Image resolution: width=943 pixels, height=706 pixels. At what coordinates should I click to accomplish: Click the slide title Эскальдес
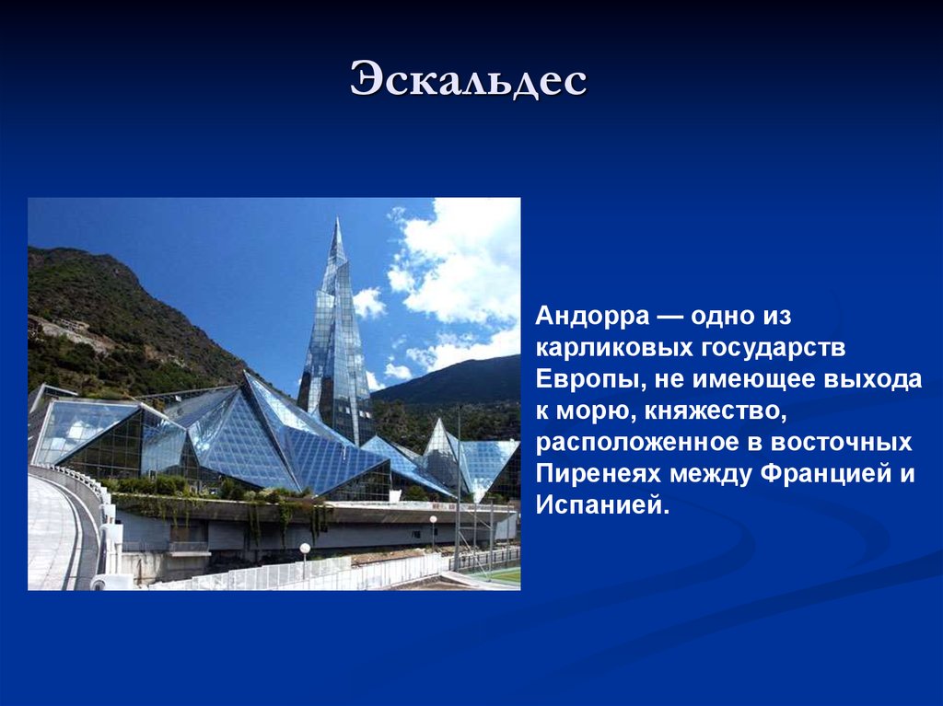click(x=469, y=79)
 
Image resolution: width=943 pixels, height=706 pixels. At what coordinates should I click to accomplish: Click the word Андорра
click(x=593, y=316)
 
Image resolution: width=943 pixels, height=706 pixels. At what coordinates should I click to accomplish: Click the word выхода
click(x=873, y=379)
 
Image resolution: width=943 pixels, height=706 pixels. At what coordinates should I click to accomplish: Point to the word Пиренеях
click(x=599, y=474)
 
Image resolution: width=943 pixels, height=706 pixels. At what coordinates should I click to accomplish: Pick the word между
click(x=712, y=474)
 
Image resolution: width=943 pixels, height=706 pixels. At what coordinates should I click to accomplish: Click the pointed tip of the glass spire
click(x=338, y=219)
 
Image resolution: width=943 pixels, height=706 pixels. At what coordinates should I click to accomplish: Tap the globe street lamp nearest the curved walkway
click(x=305, y=548)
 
